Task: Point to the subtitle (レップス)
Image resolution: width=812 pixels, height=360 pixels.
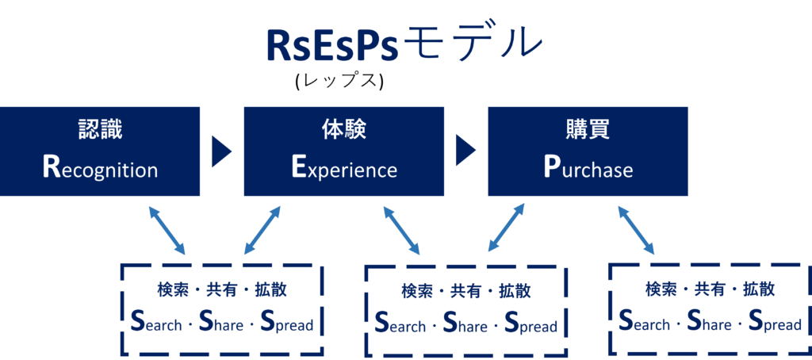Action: (x=339, y=82)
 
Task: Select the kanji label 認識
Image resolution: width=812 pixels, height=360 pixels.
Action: (x=100, y=131)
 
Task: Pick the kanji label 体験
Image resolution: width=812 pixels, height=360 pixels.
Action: (x=344, y=131)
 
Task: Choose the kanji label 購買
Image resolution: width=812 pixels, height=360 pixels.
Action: (x=588, y=131)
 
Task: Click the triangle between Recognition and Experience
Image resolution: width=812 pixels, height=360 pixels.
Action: (x=220, y=151)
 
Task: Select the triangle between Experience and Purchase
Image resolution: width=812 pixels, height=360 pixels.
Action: (x=464, y=151)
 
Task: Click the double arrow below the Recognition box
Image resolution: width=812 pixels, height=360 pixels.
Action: (x=167, y=231)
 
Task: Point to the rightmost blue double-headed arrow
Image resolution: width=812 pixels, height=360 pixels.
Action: (x=636, y=231)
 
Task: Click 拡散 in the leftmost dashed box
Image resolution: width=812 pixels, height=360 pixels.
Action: (x=271, y=290)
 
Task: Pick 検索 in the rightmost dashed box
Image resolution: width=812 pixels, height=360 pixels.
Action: (x=661, y=289)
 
